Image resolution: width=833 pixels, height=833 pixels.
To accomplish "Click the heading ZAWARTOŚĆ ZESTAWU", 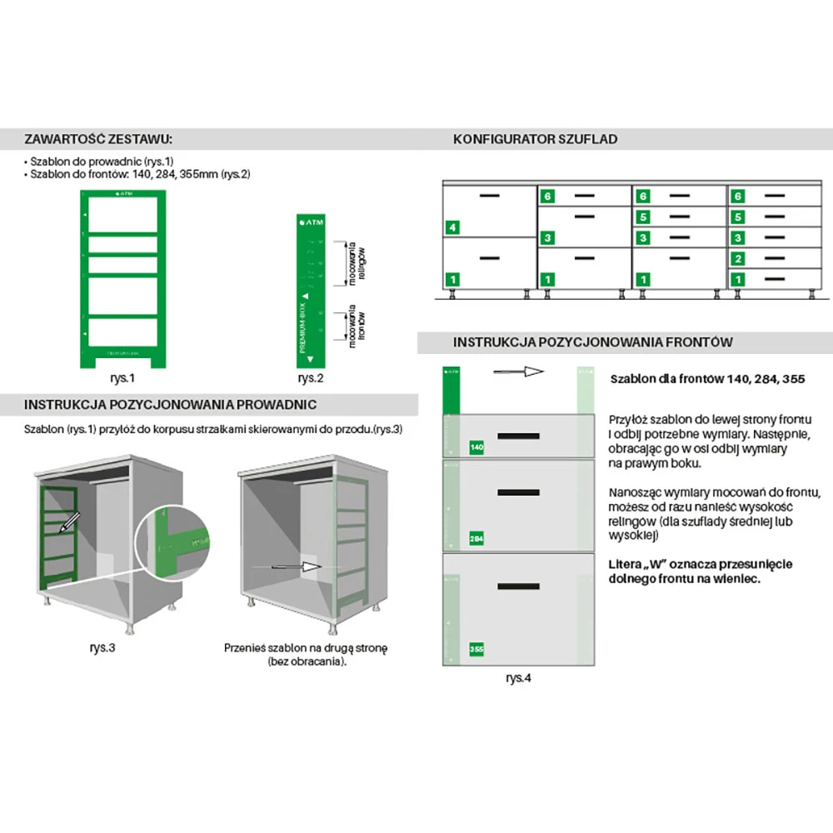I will tap(98, 138).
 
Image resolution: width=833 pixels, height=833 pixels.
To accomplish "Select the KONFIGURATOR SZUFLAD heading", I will tap(535, 139).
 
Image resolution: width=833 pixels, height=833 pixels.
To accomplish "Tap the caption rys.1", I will tap(122, 377).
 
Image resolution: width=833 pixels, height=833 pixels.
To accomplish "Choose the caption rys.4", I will tap(518, 677).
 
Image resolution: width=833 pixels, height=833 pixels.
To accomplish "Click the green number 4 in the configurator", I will tap(452, 227).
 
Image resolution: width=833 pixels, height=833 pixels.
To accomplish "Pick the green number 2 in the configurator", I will tap(737, 259).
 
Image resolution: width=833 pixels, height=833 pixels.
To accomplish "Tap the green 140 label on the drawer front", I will tap(477, 448).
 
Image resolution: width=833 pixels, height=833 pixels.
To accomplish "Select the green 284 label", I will tap(477, 538).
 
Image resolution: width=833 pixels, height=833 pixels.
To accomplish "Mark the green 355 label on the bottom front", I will tap(477, 649).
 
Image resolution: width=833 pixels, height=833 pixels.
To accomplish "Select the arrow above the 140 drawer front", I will tap(518, 372).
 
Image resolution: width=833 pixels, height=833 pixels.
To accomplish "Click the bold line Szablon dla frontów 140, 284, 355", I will tap(707, 379).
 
